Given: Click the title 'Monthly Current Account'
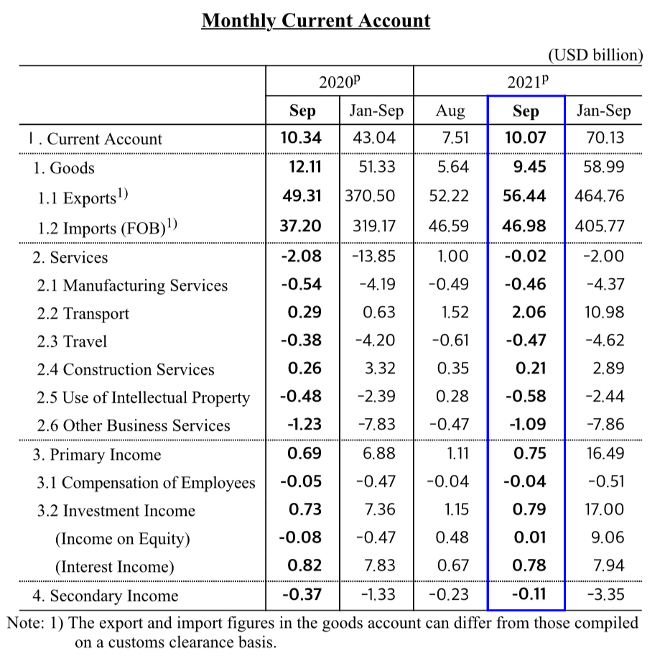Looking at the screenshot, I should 315,21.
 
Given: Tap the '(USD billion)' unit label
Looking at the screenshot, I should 595,55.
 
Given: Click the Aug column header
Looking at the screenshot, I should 450,111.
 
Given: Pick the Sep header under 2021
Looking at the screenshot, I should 526,111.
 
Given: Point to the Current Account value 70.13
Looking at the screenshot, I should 605,138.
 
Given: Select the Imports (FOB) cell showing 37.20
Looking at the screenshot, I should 301,226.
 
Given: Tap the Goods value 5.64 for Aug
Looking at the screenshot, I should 452,167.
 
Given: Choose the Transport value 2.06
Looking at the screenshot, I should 529,312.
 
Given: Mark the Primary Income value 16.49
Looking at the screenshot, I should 605,454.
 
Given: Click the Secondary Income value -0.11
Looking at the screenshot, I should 529,594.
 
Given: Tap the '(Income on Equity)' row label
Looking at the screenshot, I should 122,539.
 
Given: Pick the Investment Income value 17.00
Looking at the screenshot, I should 605,510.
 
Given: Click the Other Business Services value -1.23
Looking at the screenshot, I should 304,425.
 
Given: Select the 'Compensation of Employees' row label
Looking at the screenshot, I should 146,483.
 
